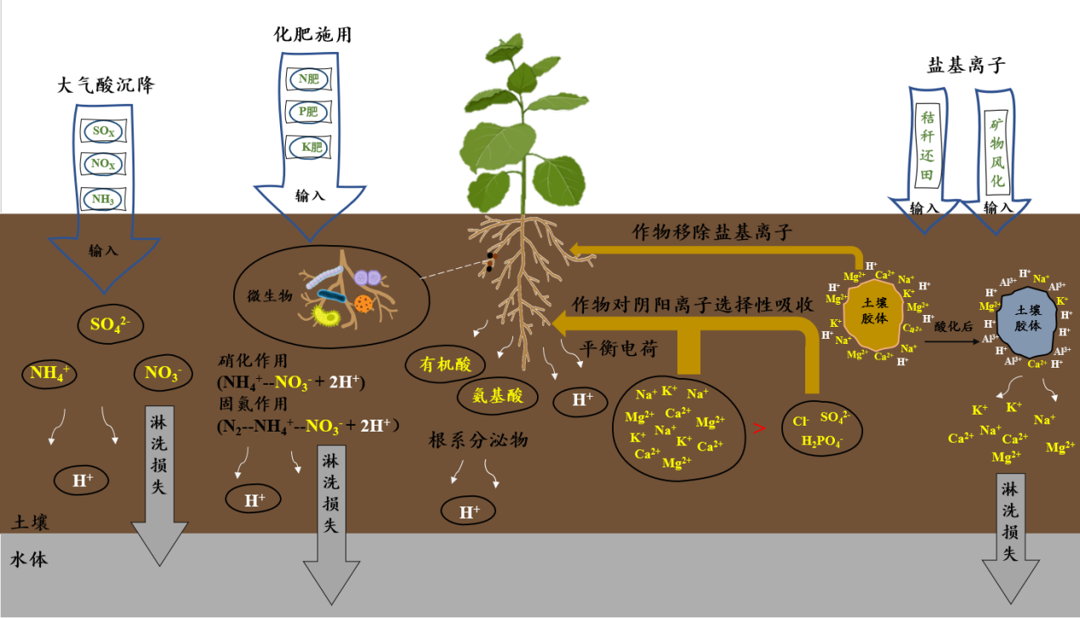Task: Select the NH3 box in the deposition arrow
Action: pos(102,199)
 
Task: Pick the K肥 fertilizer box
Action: pos(309,147)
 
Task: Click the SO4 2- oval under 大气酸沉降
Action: pos(116,324)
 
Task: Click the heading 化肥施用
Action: pos(312,35)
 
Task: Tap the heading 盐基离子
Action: pos(966,66)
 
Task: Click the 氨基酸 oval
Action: pos(498,396)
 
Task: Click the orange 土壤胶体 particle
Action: pos(874,312)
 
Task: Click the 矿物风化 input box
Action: pos(997,153)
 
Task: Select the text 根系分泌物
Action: pos(478,440)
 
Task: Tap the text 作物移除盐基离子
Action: pos(712,232)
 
